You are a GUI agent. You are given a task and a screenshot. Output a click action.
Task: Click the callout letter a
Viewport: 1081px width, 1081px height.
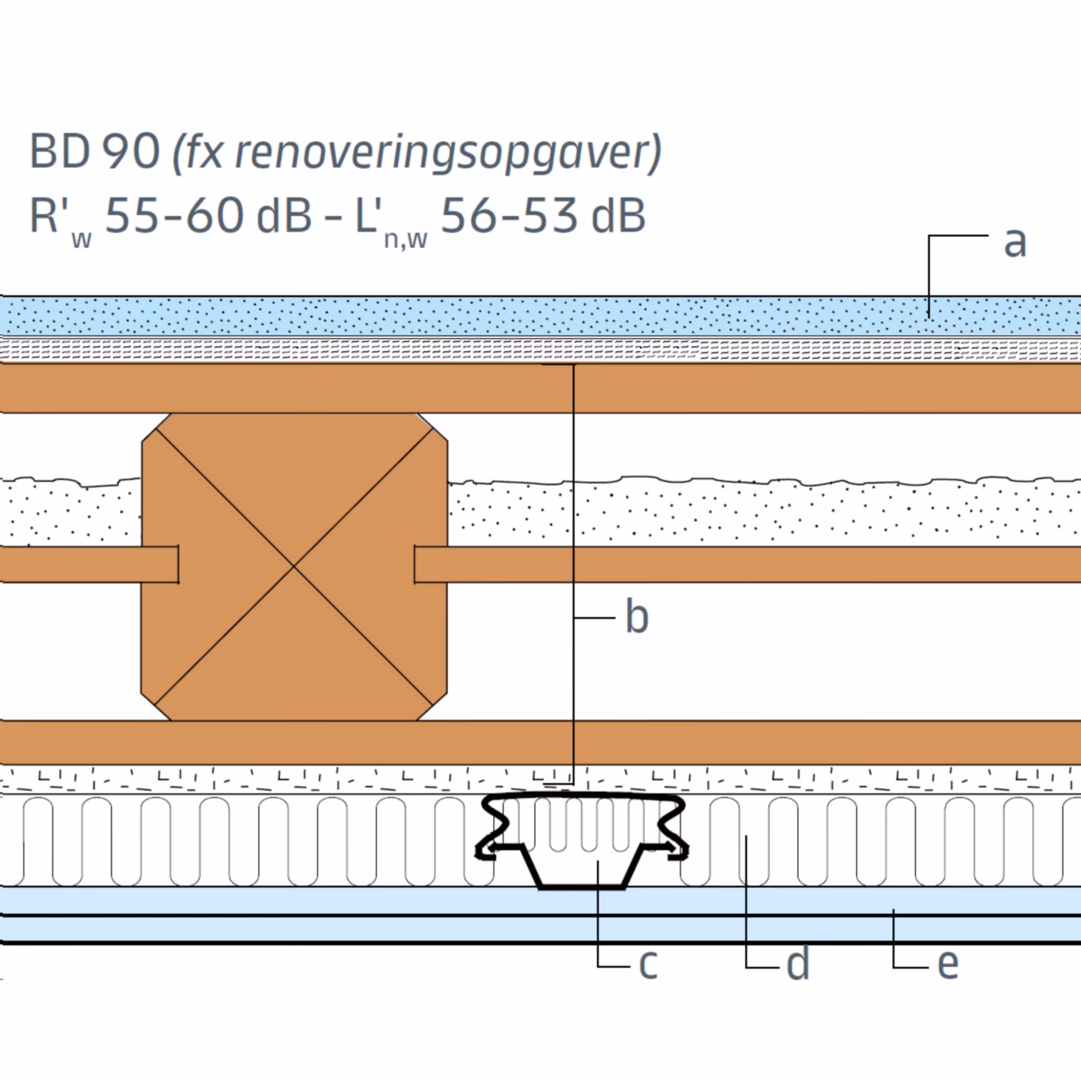click(1015, 243)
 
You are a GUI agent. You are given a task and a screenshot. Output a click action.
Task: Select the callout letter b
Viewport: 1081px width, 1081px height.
click(637, 617)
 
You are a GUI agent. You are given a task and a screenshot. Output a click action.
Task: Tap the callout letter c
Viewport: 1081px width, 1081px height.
click(648, 964)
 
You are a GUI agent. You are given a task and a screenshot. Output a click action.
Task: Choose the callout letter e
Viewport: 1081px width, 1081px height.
click(948, 964)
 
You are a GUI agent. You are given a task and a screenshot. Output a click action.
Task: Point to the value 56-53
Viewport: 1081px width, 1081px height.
click(510, 216)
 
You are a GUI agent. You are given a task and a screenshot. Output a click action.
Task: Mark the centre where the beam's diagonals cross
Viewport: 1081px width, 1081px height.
click(293, 566)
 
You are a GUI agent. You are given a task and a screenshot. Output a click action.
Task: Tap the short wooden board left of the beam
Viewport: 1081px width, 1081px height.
click(89, 564)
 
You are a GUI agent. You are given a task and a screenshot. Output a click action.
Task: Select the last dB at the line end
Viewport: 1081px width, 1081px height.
click(618, 216)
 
